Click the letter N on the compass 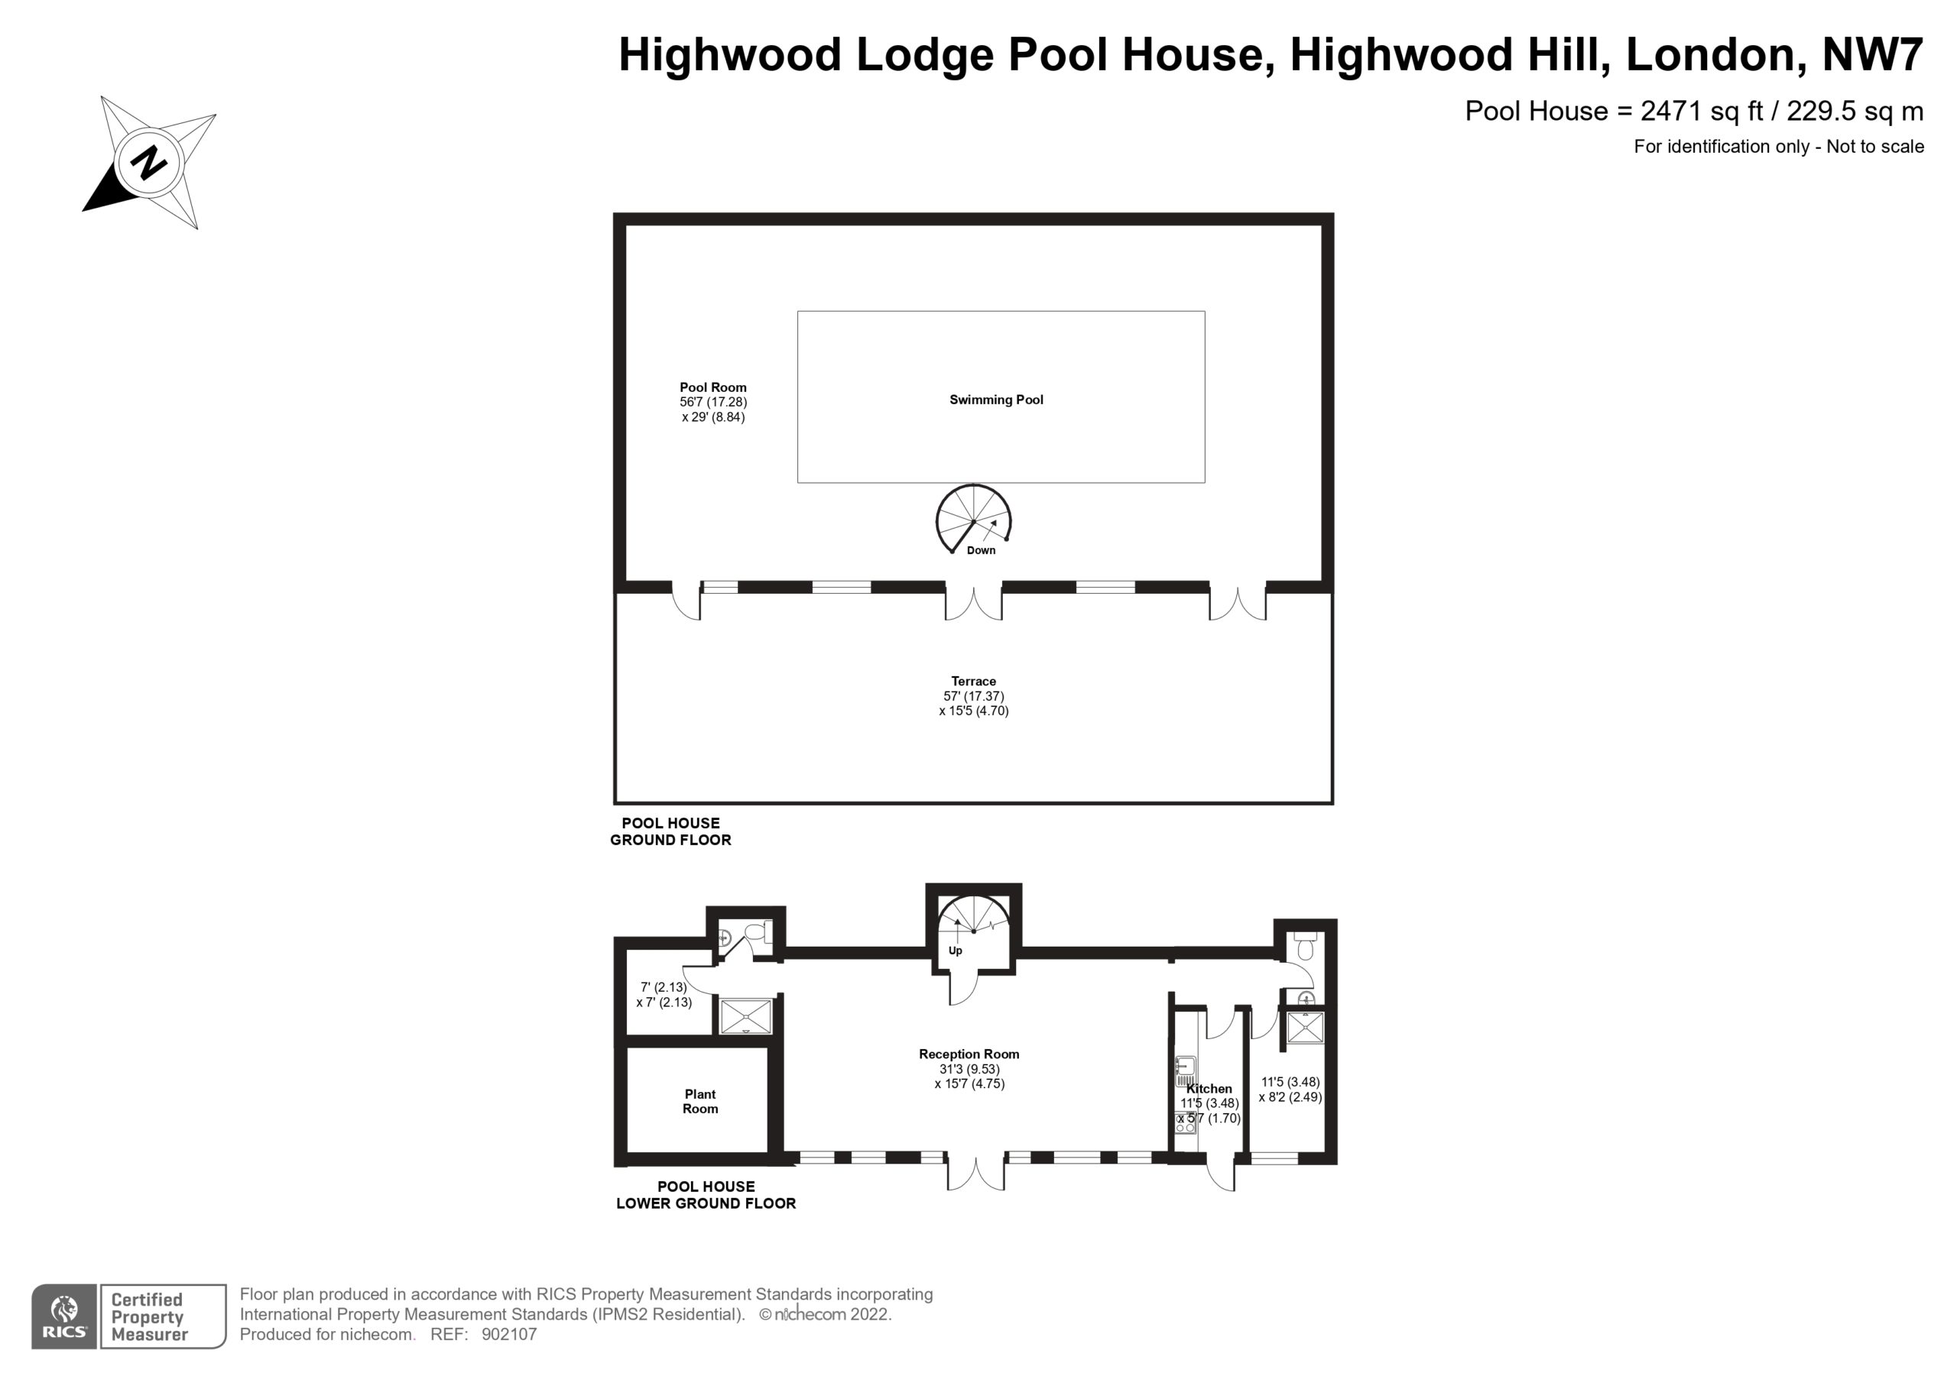tap(149, 162)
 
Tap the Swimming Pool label tap(995, 400)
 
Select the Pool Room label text tap(712, 387)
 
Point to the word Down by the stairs tap(981, 550)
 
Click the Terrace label tap(973, 682)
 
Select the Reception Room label tap(969, 1054)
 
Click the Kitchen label tap(1209, 1088)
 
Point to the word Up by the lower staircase tap(956, 951)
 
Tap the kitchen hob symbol tap(1186, 1122)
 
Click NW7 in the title tap(1872, 54)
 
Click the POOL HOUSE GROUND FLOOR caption tap(670, 831)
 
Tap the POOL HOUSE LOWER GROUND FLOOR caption tap(706, 1195)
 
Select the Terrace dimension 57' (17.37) tap(973, 696)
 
